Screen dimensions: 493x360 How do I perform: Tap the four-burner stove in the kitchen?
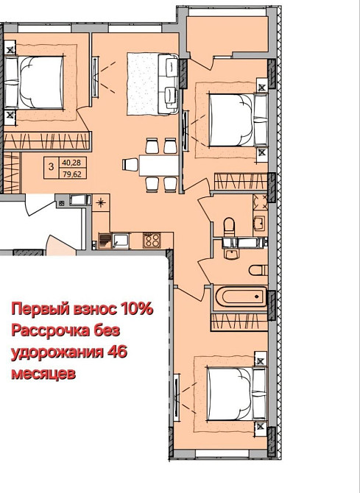(152, 239)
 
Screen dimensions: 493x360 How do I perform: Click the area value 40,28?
(71, 163)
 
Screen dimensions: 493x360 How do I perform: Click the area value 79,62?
(71, 174)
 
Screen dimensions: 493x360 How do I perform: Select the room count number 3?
(50, 168)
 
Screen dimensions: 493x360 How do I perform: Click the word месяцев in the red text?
(42, 373)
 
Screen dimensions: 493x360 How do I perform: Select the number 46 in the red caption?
(117, 352)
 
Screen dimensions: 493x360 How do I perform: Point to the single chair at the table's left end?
(130, 163)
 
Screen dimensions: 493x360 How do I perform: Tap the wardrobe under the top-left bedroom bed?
(46, 138)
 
